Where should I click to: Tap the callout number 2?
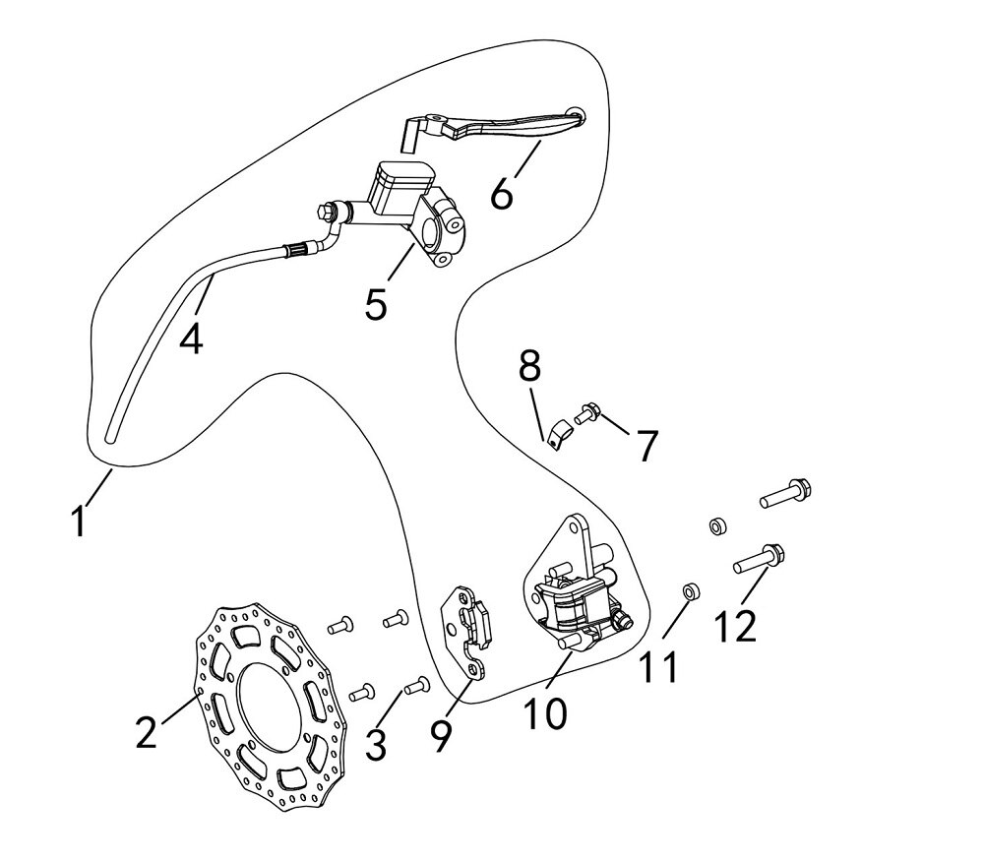click(x=146, y=732)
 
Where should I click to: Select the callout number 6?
click(x=502, y=193)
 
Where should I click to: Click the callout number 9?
click(x=440, y=736)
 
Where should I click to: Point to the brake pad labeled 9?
click(x=469, y=630)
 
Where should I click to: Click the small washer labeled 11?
click(x=692, y=591)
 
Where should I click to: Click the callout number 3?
click(x=375, y=744)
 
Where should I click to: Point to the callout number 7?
click(x=646, y=446)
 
